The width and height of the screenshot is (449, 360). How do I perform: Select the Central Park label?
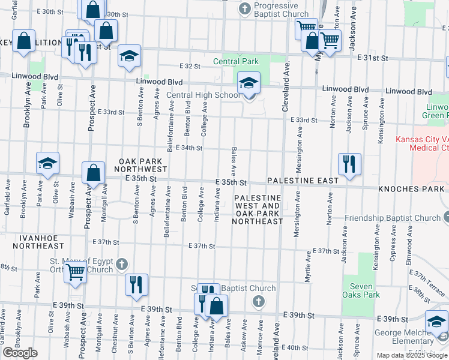pyautogui.click(x=236, y=61)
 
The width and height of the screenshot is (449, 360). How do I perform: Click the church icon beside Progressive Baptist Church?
pyautogui.click(x=244, y=8)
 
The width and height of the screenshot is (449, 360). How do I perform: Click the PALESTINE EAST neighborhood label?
pyautogui.click(x=303, y=180)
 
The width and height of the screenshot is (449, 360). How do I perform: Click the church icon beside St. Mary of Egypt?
pyautogui.click(x=121, y=263)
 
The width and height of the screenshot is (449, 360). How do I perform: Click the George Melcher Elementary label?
pyautogui.click(x=405, y=338)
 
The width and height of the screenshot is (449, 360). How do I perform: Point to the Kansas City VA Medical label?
pyautogui.click(x=422, y=143)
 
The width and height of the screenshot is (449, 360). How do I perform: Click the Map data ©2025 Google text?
pyautogui.click(x=411, y=355)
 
